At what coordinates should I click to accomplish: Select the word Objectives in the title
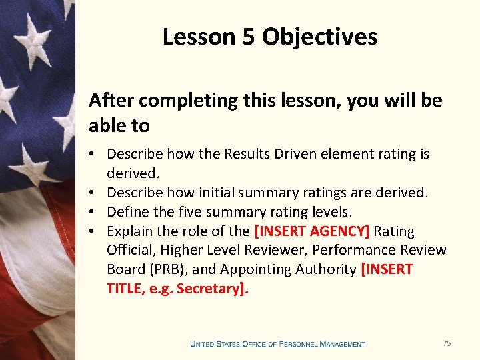(x=320, y=37)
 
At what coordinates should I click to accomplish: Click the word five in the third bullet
(x=193, y=212)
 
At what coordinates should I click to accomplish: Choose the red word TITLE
(x=124, y=289)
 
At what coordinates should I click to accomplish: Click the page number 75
(x=447, y=343)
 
